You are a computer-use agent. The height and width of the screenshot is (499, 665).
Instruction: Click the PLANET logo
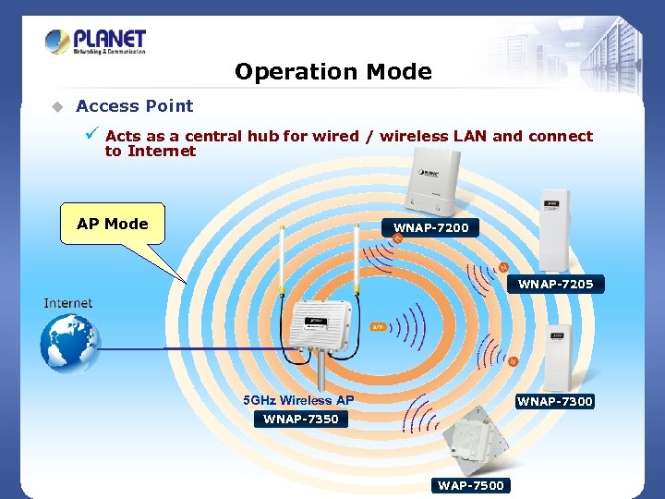96,42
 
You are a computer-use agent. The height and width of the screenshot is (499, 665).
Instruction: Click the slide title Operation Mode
332,71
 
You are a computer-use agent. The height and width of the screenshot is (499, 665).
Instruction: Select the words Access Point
135,106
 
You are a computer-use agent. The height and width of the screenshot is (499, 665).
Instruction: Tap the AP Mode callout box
112,224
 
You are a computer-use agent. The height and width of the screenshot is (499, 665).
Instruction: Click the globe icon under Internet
69,343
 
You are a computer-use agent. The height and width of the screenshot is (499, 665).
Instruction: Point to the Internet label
68,303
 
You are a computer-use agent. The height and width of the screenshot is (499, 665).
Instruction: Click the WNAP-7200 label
430,227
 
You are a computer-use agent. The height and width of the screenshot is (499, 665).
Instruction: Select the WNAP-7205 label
555,284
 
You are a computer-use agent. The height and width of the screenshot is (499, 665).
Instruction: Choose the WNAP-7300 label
554,401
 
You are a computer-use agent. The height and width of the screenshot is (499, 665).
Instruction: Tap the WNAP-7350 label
300,419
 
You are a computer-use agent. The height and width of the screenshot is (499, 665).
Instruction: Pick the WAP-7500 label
471,485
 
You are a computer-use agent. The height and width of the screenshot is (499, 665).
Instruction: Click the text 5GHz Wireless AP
297,400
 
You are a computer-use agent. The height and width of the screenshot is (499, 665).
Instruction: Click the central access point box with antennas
320,329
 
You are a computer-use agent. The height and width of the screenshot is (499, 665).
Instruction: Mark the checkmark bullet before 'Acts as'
91,135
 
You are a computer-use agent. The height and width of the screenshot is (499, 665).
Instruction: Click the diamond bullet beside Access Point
56,106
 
